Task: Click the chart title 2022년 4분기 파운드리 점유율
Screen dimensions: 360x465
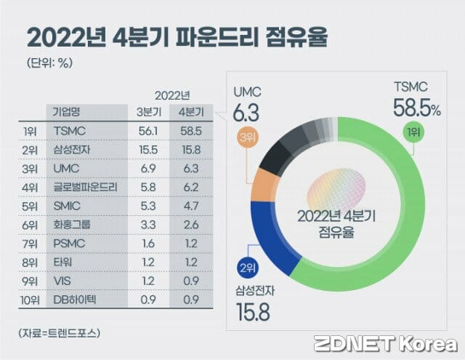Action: [177, 36]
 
